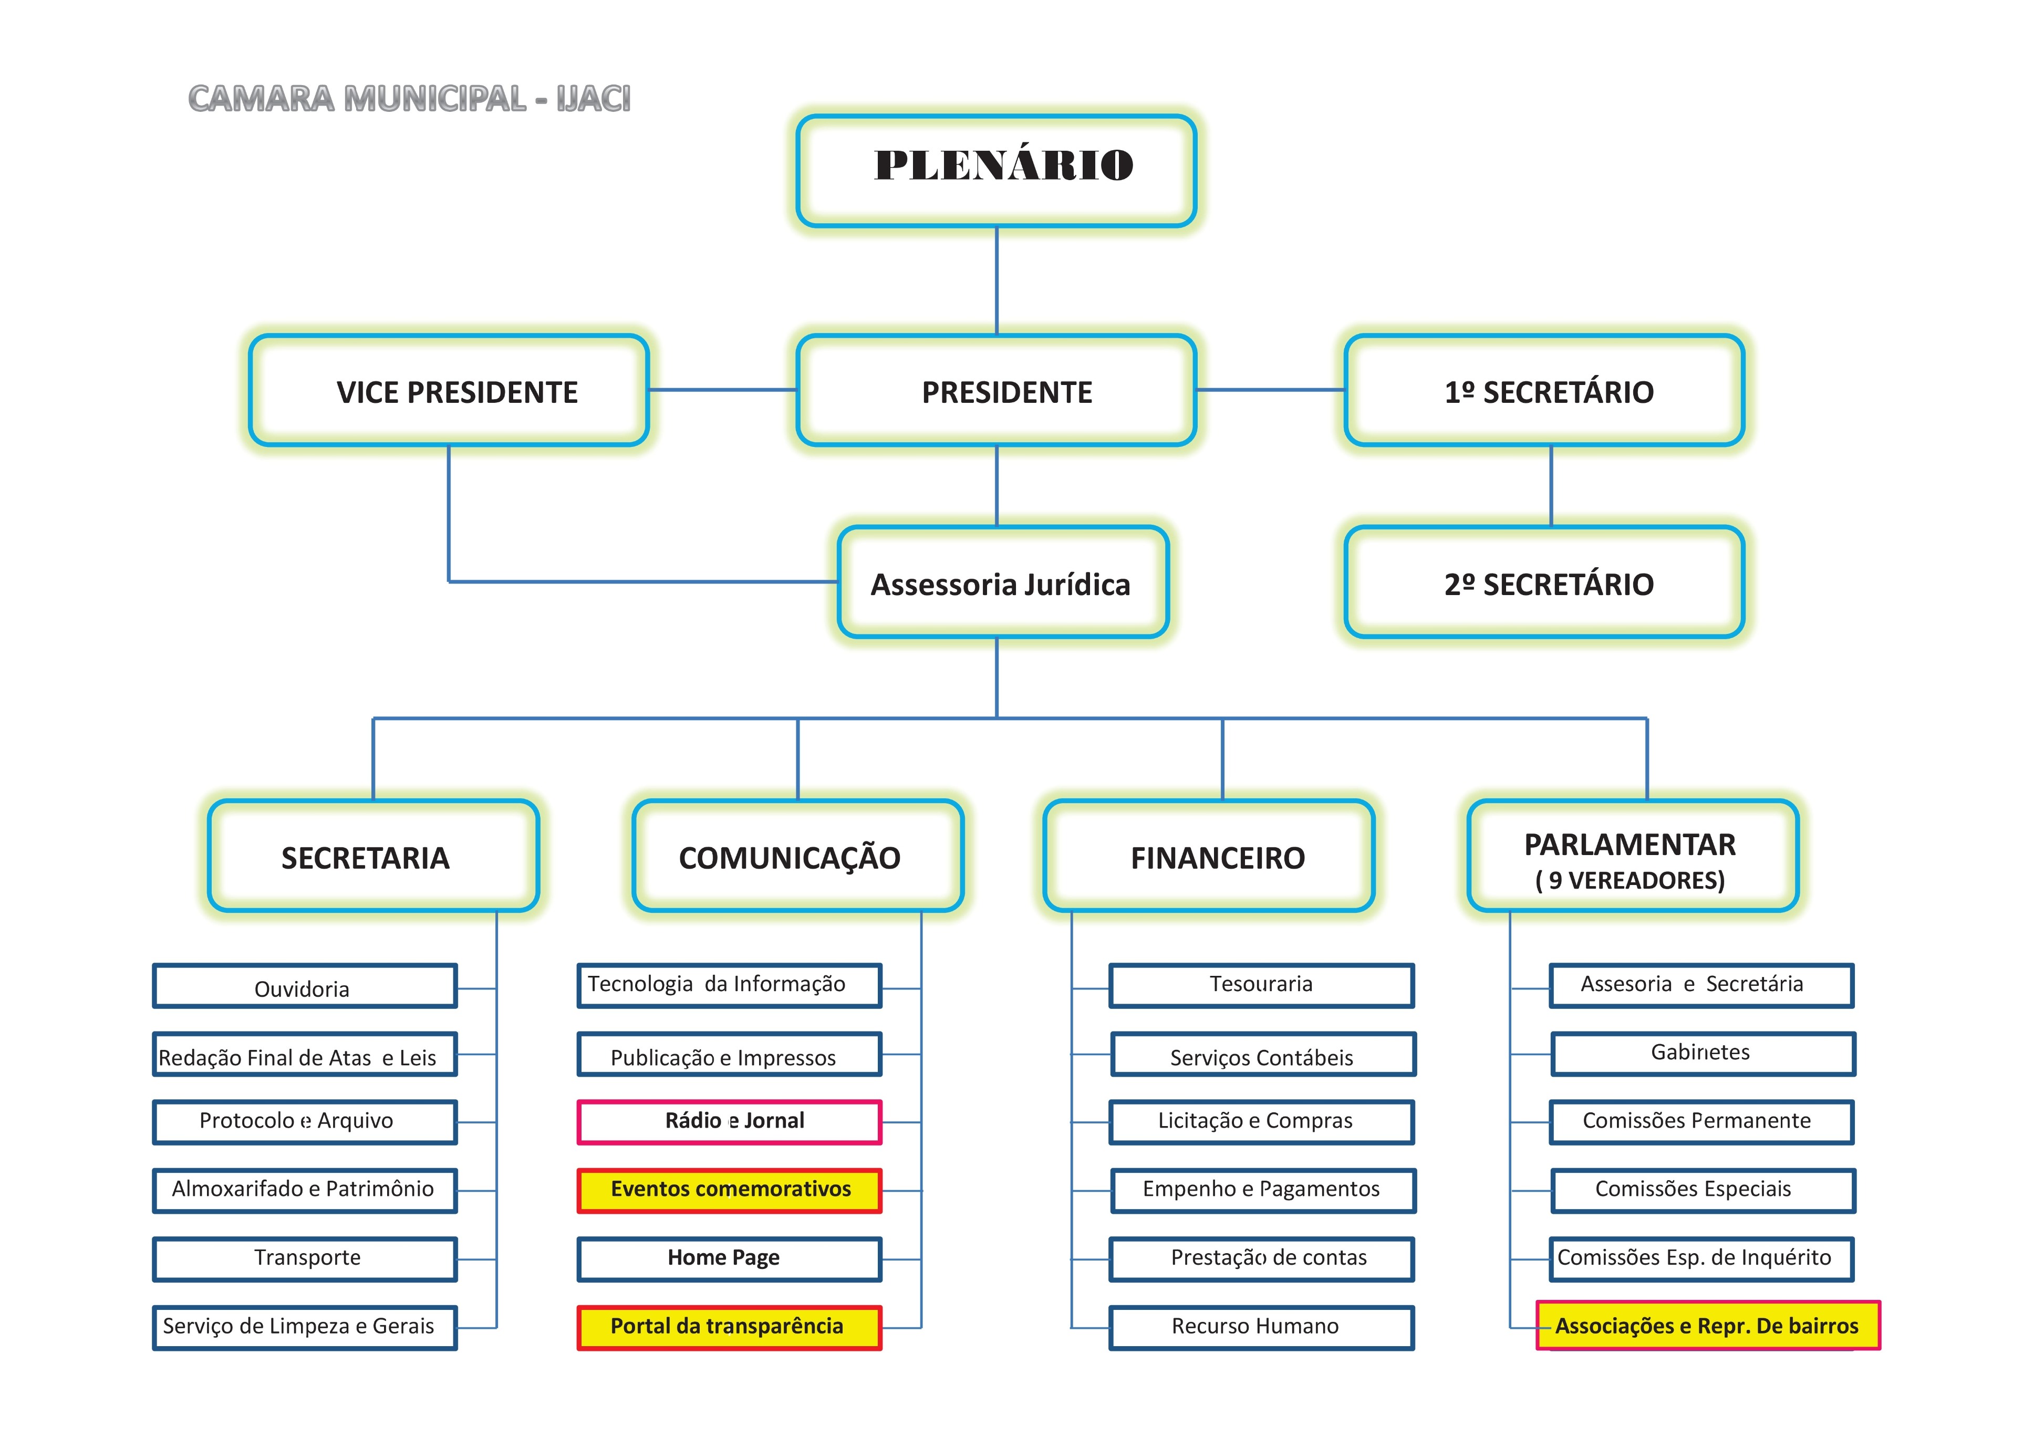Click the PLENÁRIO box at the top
(997, 170)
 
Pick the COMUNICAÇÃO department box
(797, 856)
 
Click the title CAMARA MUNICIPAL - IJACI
(409, 98)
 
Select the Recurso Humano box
(1261, 1327)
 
